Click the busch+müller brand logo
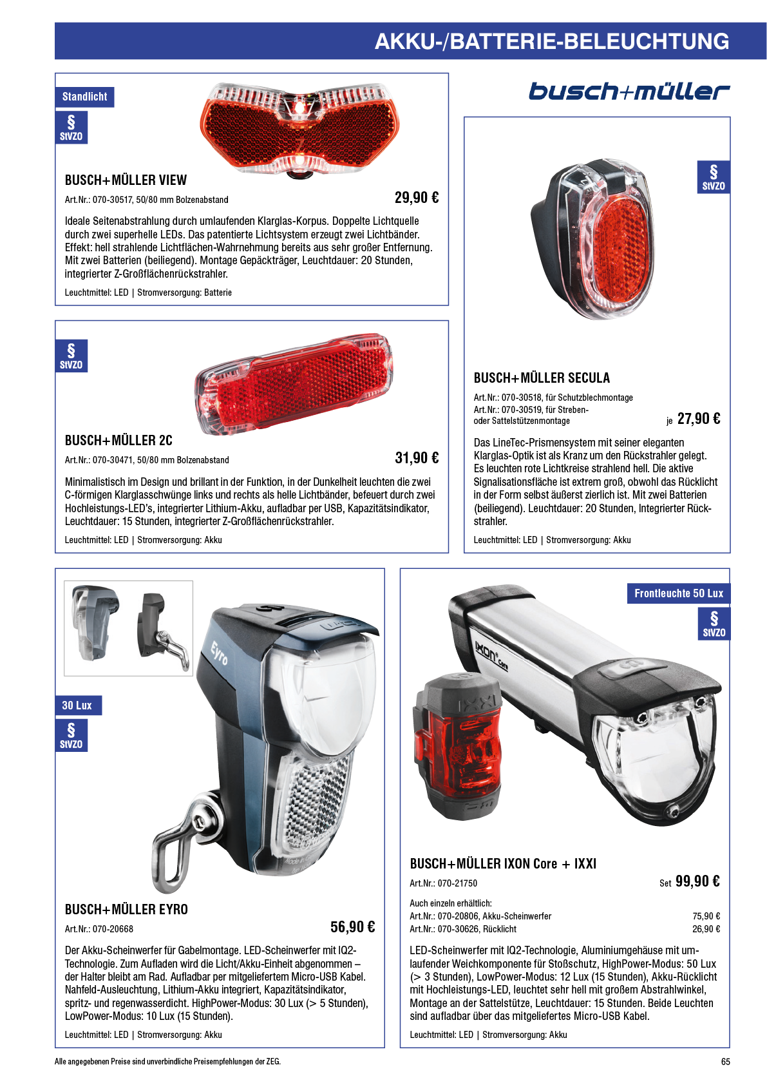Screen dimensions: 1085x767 [x=629, y=91]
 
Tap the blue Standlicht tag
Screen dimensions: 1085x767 [x=84, y=97]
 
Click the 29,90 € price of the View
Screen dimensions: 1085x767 [x=417, y=198]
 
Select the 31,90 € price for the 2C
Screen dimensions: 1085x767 [x=417, y=458]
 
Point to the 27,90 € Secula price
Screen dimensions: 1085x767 [x=699, y=419]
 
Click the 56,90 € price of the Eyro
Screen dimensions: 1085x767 [x=352, y=927]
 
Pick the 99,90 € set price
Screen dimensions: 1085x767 [x=697, y=881]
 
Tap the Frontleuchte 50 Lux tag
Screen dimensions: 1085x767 [x=678, y=593]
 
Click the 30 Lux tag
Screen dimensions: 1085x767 [x=77, y=706]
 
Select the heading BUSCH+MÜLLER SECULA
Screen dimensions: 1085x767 [x=542, y=378]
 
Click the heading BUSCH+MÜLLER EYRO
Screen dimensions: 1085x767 [x=126, y=910]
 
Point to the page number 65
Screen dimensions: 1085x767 [x=725, y=1062]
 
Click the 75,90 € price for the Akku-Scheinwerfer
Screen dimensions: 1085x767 [x=706, y=916]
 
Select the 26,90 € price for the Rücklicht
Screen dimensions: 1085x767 [x=706, y=929]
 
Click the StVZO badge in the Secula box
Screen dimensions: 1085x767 [x=714, y=177]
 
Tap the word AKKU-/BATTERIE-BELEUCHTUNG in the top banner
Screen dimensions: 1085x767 [x=552, y=41]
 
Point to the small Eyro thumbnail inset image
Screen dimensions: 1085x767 [x=128, y=628]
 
